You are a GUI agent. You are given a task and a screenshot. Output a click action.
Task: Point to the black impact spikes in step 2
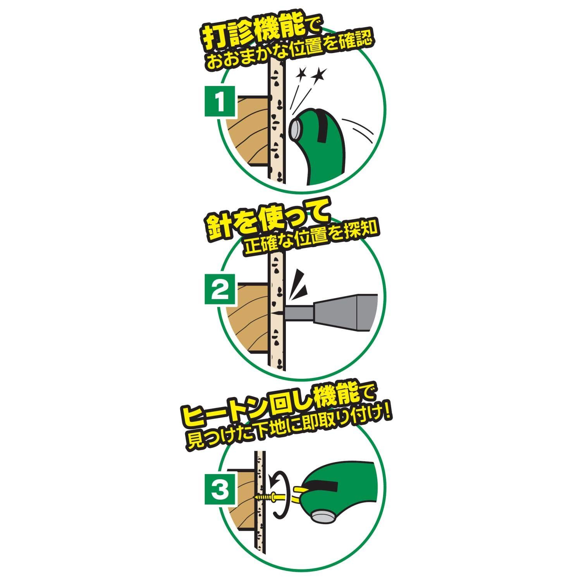[300, 285]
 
